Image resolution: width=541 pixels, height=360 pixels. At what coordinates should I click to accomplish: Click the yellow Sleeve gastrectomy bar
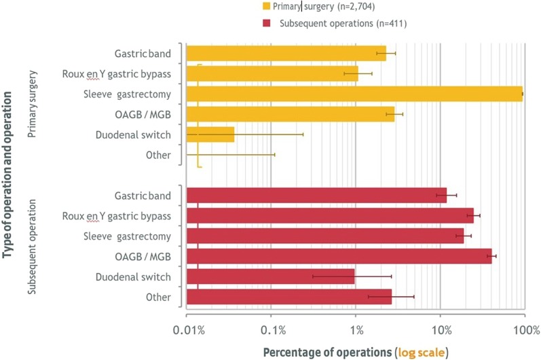pos(353,94)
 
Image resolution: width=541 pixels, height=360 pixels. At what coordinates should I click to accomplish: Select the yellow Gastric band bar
pos(285,53)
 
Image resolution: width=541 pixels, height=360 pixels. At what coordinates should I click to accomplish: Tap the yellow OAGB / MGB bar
pos(289,114)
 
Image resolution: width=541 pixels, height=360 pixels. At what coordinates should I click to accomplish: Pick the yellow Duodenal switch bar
pos(210,134)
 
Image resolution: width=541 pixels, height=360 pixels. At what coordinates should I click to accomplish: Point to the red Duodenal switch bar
pos(270,276)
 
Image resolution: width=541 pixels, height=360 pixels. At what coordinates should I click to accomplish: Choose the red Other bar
pos(288,297)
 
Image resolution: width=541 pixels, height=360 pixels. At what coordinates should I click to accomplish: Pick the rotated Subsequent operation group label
pos(32,248)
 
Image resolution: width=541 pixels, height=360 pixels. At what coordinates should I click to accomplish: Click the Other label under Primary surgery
pos(157,156)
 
